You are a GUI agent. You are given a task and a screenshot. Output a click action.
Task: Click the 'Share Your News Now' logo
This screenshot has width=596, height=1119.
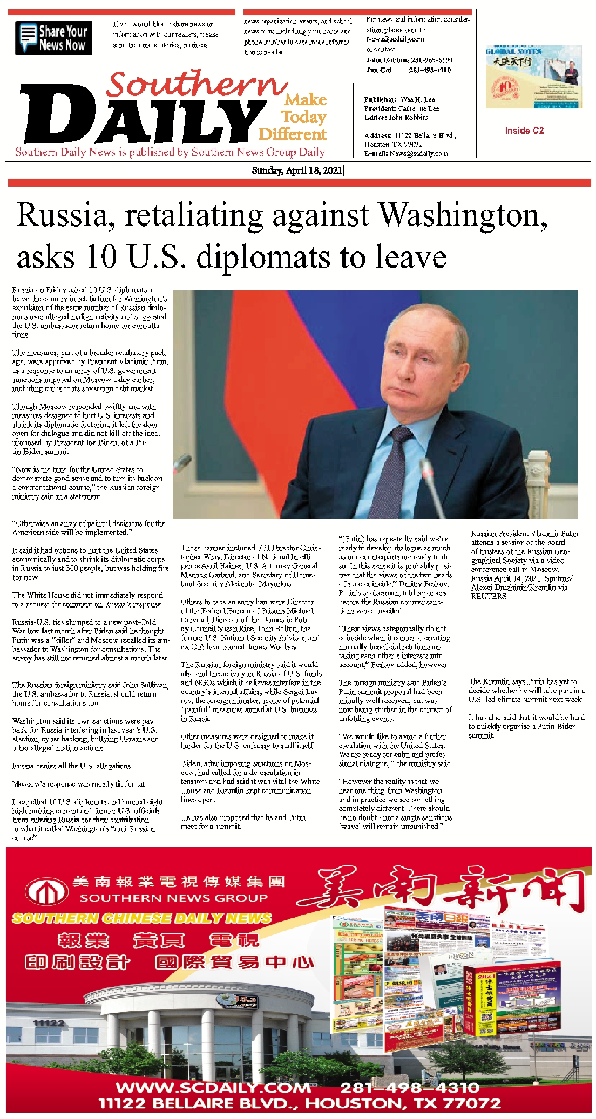[x=53, y=38]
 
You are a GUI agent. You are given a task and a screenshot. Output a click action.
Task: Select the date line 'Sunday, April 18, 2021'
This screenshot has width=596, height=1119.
[x=297, y=170]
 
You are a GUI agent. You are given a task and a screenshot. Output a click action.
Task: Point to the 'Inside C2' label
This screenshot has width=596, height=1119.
[x=524, y=131]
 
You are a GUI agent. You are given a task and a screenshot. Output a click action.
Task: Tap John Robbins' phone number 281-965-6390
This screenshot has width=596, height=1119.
[x=430, y=60]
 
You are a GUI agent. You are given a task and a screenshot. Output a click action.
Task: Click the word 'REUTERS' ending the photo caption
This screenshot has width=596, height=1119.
[x=489, y=596]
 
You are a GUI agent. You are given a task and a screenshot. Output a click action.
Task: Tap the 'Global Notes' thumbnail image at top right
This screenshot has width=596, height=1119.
[x=534, y=77]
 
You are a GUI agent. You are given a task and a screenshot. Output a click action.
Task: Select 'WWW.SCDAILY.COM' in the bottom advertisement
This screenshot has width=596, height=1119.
[x=213, y=1087]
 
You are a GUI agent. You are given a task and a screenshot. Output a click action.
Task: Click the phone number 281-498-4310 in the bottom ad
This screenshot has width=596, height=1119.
[x=410, y=1087]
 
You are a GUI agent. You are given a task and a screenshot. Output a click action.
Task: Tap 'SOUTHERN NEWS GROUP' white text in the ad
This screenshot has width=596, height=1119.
[x=174, y=898]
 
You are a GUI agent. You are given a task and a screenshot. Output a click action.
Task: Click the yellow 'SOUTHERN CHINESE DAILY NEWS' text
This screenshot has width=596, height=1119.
[x=142, y=918]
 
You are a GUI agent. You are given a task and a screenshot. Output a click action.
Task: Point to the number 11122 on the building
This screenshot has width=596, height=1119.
[x=49, y=1022]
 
